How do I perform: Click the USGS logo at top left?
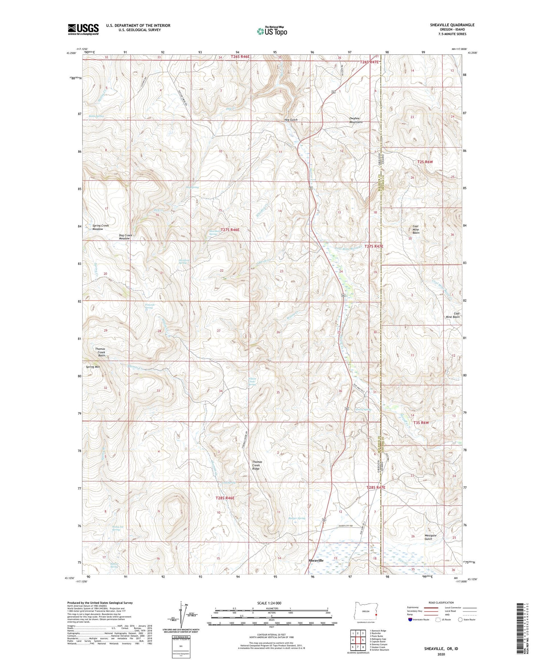click(83, 29)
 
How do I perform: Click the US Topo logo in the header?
click(272, 31)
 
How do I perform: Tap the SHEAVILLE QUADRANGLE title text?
click(452, 25)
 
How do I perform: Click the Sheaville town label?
click(316, 560)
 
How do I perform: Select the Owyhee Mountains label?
click(356, 120)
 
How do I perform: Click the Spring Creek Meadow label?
click(100, 227)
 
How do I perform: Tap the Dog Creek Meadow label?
click(125, 237)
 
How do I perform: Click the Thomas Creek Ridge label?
click(257, 465)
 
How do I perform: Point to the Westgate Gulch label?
click(430, 537)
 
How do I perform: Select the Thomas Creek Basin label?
click(100, 352)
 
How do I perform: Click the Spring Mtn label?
click(93, 367)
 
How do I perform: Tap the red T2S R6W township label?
click(425, 162)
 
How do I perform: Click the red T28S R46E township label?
click(225, 498)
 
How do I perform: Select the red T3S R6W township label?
click(421, 422)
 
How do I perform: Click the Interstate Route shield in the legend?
click(411, 620)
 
